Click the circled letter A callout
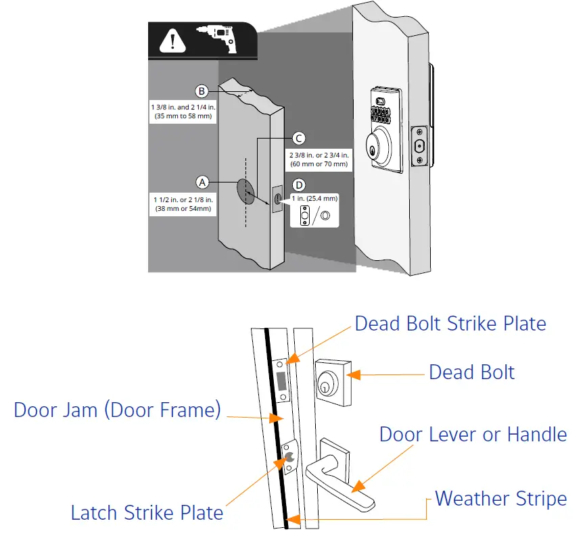pos(202,182)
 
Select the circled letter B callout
pos(202,91)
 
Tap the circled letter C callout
pos(298,138)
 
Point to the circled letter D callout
pos(299,185)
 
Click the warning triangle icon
pos(172,41)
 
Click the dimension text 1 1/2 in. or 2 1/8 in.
pos(183,200)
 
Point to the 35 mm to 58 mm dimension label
pos(183,116)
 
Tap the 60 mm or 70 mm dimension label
pos(319,164)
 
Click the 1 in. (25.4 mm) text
pos(314,198)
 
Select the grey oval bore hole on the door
pos(245,191)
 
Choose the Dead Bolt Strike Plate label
pos(450,324)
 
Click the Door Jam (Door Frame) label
pos(117,410)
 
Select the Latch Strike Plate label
pos(147,512)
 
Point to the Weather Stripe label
pos(501,499)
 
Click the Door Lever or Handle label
pos(473,435)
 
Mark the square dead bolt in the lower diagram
pos(333,383)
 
